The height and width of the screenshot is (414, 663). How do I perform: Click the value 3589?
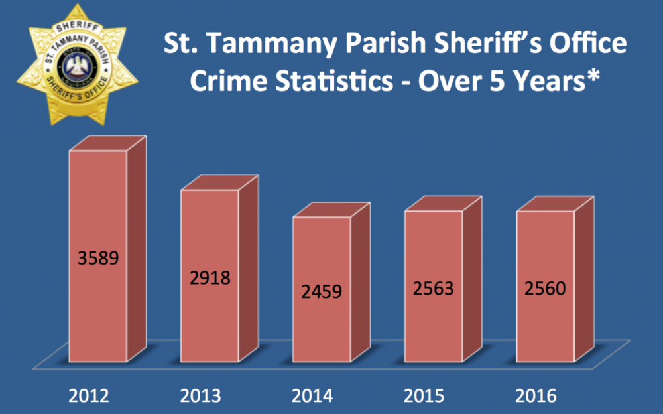97,257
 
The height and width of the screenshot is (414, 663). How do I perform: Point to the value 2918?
210,277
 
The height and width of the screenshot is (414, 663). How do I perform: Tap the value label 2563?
434,287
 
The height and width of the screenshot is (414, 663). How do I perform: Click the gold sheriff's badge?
79,63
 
